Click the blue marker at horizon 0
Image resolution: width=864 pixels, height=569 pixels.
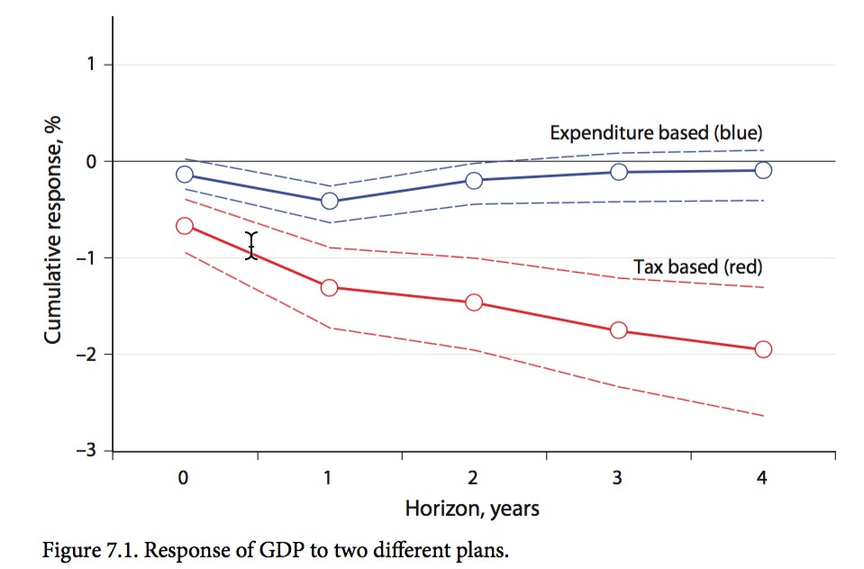point(185,175)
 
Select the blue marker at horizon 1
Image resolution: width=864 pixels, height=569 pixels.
point(329,201)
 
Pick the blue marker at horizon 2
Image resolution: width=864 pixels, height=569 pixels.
point(474,181)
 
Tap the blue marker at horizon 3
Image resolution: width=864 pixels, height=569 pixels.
point(618,172)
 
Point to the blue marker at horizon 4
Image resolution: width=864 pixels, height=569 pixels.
point(763,170)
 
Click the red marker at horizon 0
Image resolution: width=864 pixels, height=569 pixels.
point(185,226)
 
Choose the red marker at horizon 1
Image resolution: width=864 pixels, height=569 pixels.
point(329,287)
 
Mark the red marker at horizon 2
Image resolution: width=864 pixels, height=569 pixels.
point(474,303)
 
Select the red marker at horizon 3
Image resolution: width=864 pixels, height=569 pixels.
point(618,330)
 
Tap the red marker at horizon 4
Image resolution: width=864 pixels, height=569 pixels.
point(763,349)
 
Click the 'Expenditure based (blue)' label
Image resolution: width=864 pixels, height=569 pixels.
point(657,133)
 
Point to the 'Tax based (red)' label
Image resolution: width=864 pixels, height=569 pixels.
point(698,267)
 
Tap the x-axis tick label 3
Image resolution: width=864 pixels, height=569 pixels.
point(618,479)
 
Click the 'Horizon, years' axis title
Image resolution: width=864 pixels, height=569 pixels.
point(472,509)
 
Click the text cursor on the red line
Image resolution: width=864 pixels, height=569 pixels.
point(252,246)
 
